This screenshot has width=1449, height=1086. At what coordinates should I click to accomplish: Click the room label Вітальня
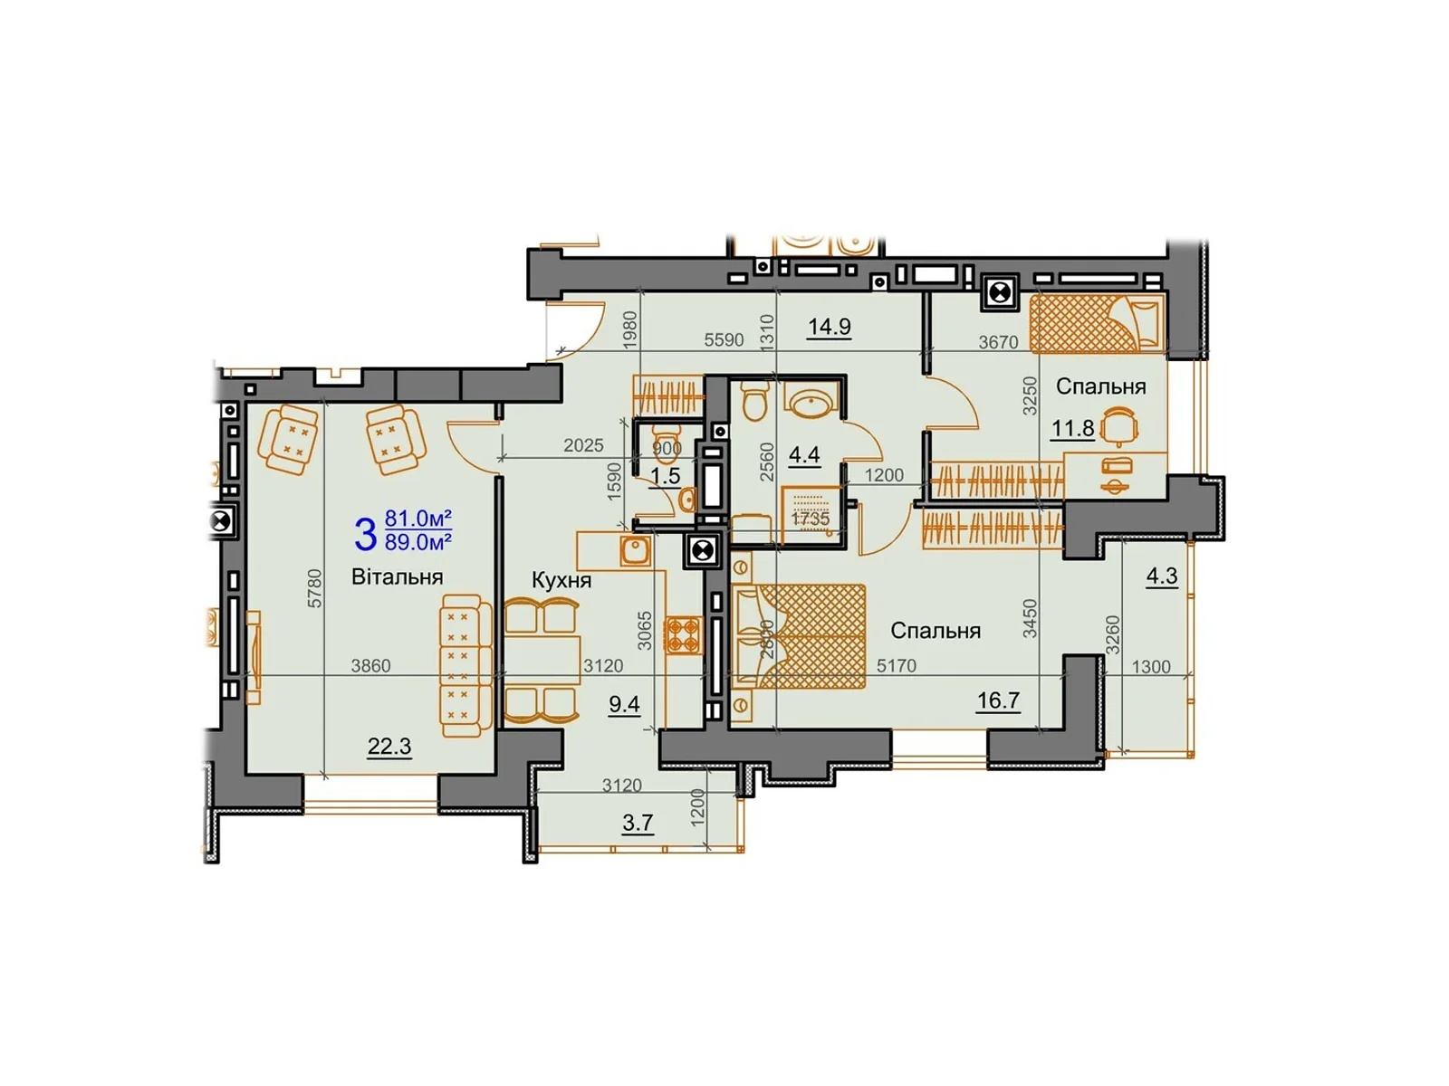(x=397, y=577)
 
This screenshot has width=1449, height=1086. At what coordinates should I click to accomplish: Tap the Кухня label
(x=561, y=580)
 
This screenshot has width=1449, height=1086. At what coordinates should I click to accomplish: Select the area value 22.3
(x=389, y=747)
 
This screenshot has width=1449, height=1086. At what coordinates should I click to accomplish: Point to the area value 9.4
(x=624, y=704)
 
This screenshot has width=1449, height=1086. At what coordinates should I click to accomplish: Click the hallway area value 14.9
(x=830, y=327)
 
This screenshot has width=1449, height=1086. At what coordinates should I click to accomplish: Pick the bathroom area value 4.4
(x=804, y=454)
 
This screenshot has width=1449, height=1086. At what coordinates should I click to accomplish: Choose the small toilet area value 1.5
(x=666, y=476)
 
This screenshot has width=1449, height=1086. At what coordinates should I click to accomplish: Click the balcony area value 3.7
(x=638, y=823)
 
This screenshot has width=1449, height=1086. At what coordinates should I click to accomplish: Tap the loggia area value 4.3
(x=1162, y=576)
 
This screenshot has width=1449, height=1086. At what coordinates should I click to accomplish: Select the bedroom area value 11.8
(x=1073, y=428)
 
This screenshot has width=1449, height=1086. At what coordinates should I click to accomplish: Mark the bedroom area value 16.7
(x=998, y=700)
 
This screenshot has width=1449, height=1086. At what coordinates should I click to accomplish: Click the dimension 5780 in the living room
(x=314, y=588)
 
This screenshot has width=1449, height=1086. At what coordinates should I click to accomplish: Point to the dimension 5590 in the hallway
(x=724, y=340)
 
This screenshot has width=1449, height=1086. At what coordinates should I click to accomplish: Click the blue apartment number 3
(x=365, y=534)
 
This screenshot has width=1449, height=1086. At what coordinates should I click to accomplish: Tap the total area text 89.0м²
(x=418, y=543)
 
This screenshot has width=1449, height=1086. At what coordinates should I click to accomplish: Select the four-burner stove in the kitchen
(x=684, y=634)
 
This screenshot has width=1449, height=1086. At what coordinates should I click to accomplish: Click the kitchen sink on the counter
(x=636, y=549)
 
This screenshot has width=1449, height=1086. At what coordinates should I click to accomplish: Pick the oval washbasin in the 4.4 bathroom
(x=811, y=401)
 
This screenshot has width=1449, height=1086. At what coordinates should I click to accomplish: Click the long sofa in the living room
(x=464, y=665)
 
